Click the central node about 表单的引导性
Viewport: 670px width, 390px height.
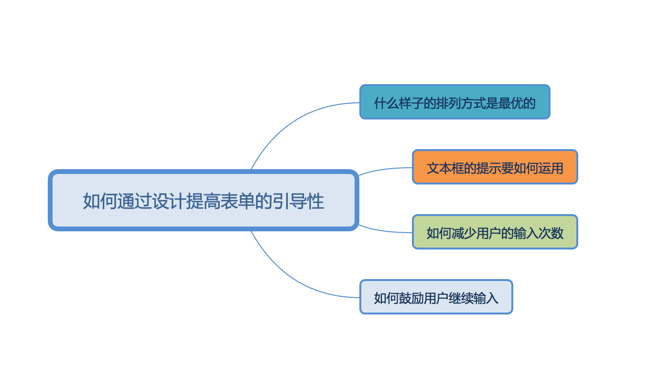click(x=204, y=200)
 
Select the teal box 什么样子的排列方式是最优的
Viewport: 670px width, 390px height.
click(x=454, y=102)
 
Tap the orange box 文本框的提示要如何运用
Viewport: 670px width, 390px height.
click(x=495, y=167)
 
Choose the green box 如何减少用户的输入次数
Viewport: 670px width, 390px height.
click(x=495, y=232)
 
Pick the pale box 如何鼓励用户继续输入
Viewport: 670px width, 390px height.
click(x=436, y=297)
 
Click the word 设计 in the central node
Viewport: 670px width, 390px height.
click(x=169, y=201)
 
